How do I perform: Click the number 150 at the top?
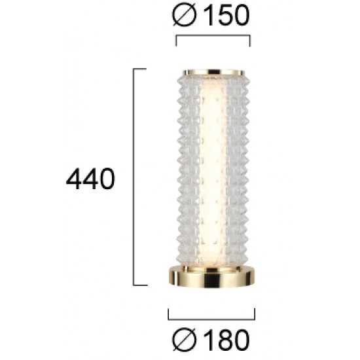224,16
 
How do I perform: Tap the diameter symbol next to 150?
185,16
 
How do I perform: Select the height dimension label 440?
90,179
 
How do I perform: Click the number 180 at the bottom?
224,339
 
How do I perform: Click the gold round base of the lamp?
212,277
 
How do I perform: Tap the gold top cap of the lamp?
212,71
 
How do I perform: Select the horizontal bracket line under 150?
213,37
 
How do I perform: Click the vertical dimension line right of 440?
134,177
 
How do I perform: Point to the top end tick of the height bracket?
140,68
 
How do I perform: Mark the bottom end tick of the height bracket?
140,285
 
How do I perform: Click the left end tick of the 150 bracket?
177,42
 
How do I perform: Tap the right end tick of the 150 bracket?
249,42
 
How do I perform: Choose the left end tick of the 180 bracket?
168,315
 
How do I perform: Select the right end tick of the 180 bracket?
255,315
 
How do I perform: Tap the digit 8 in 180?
224,339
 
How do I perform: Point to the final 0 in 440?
105,179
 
